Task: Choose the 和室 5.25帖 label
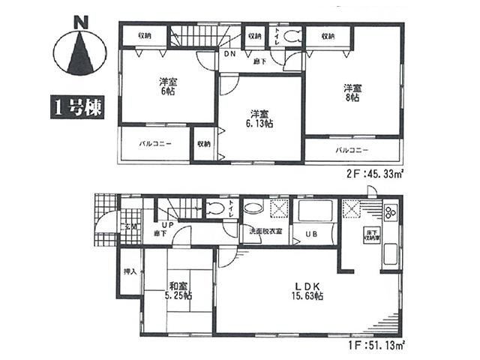point(178,289)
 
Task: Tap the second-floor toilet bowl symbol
point(292,34)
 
